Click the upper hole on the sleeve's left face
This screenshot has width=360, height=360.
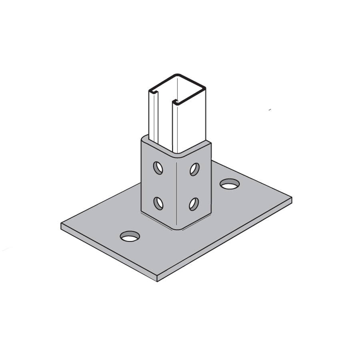[x=158, y=168]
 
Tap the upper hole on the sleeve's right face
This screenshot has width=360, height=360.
[x=194, y=169]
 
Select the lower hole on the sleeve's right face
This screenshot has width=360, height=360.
[x=194, y=204]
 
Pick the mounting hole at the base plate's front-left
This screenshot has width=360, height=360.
[x=130, y=237]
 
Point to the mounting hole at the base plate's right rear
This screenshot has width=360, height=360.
[x=230, y=184]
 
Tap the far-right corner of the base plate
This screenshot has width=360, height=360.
[x=291, y=198]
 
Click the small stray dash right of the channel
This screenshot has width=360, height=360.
[x=270, y=109]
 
